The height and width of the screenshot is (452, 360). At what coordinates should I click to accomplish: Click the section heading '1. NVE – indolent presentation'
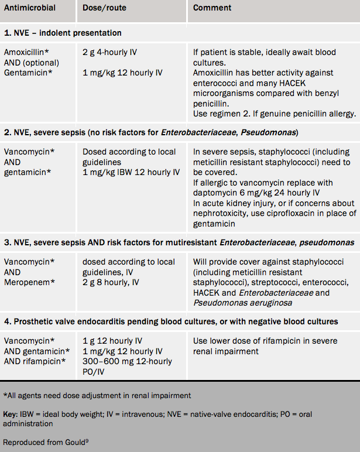(63, 33)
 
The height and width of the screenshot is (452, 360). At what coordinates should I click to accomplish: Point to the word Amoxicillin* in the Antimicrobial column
(26, 52)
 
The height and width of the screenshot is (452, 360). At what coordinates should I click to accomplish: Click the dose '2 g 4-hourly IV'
(110, 52)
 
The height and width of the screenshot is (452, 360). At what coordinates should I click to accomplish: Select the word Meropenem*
(30, 282)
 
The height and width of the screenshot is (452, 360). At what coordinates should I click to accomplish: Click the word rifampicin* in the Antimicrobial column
(47, 361)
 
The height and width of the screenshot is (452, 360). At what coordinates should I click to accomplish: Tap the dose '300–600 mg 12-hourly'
(127, 361)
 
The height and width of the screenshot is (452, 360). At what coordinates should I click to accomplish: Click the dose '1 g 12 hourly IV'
(112, 340)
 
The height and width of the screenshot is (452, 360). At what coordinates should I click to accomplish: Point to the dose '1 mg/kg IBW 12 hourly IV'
(131, 172)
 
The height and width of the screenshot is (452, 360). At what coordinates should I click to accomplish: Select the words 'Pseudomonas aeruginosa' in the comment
(242, 303)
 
